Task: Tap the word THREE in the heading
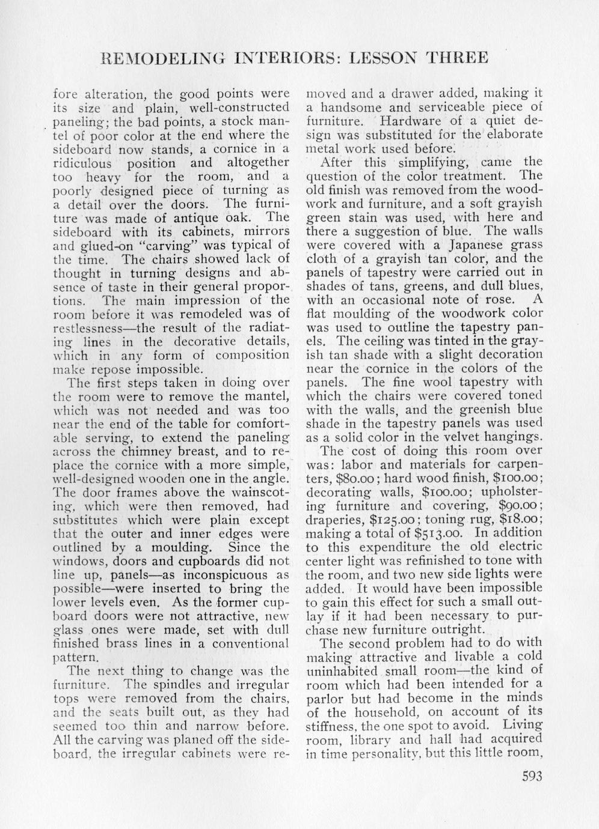(456, 58)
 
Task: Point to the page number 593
(532, 776)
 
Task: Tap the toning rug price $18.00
(525, 519)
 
